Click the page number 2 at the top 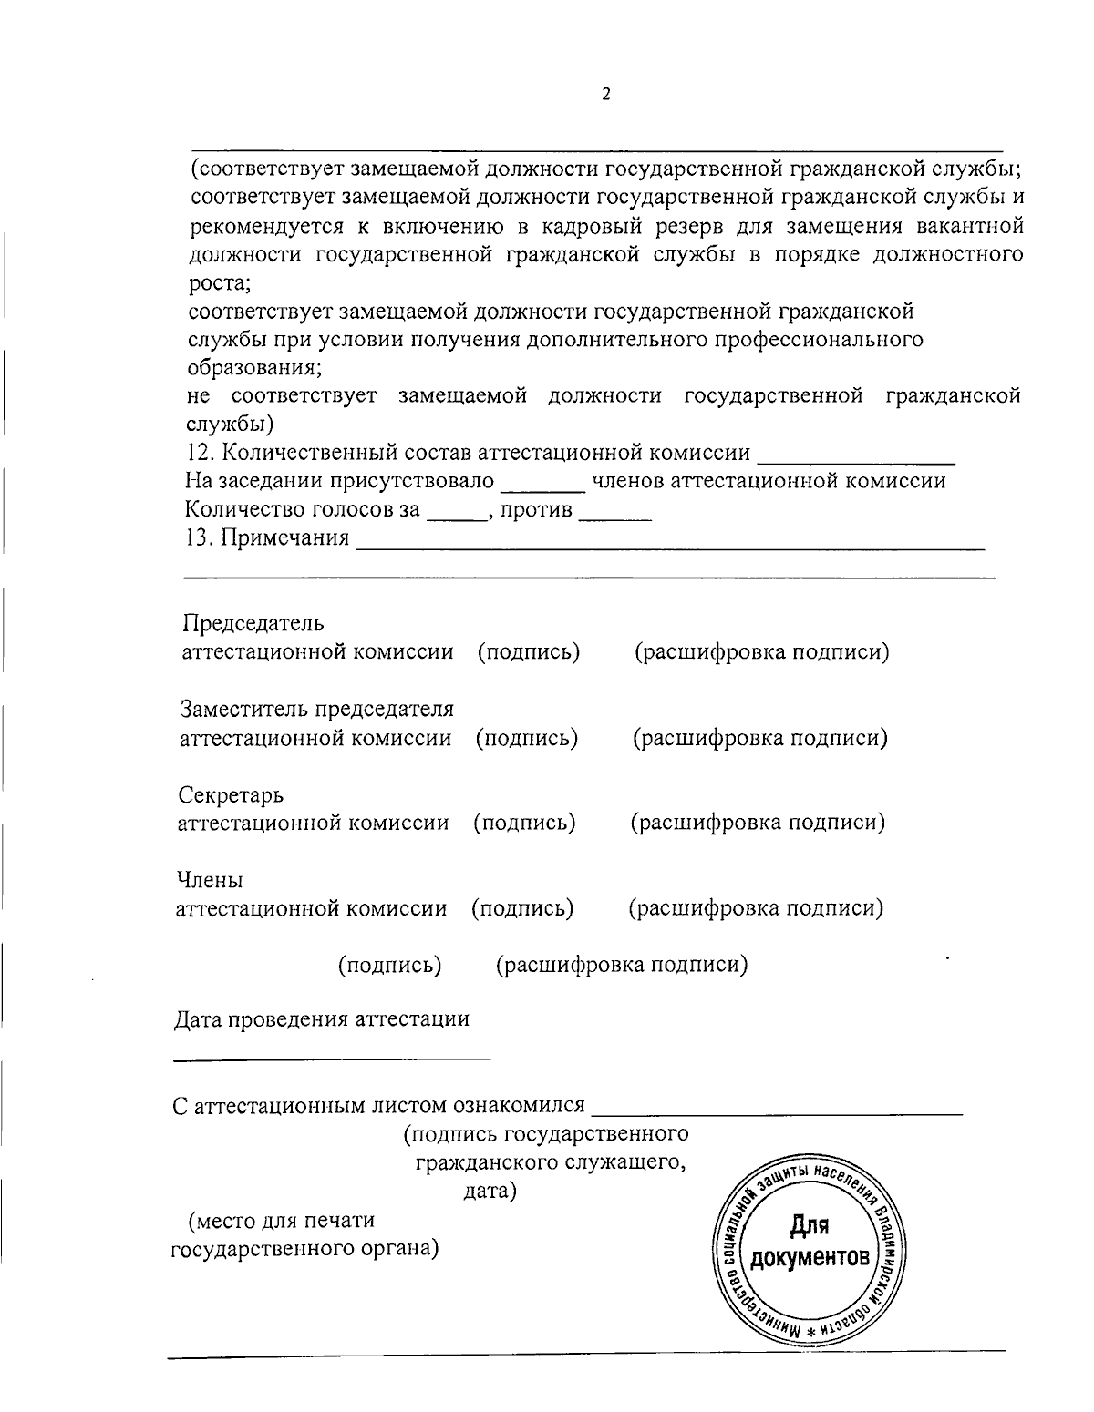pos(605,95)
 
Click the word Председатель pos(253,624)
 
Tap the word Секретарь pos(231,795)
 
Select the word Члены pos(210,881)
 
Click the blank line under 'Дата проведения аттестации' pos(332,1057)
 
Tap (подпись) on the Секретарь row pos(524,823)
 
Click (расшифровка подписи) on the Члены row pos(756,908)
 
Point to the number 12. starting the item pos(200,453)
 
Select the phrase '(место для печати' pos(281,1220)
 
